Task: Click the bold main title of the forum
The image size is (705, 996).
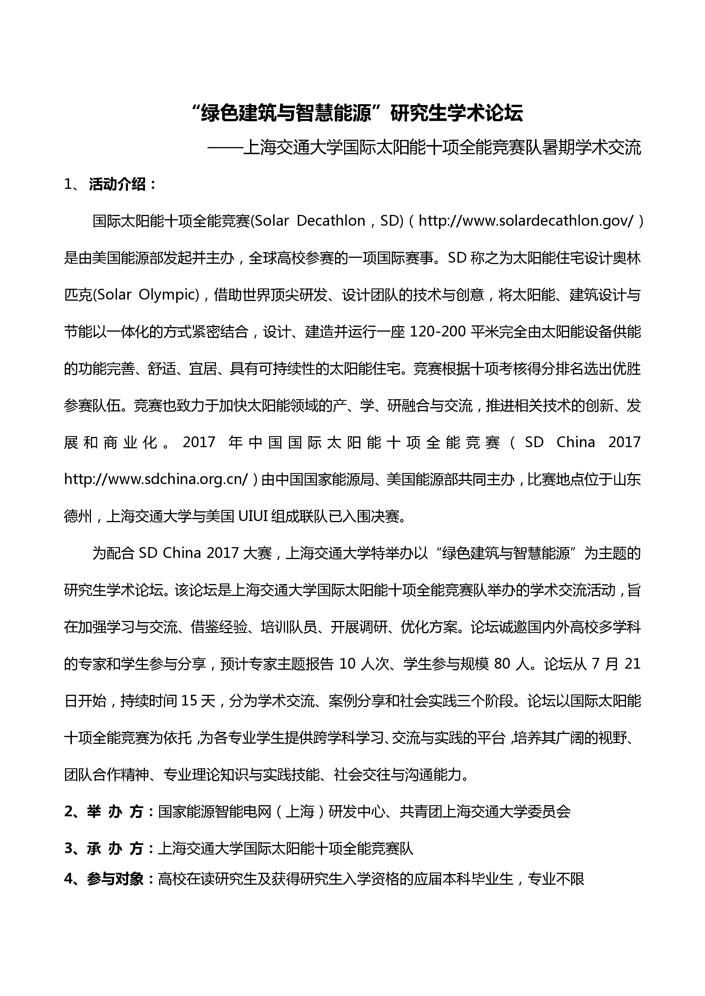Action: point(357,114)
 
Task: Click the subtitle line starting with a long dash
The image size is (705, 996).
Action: point(424,148)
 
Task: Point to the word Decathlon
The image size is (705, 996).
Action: point(331,221)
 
